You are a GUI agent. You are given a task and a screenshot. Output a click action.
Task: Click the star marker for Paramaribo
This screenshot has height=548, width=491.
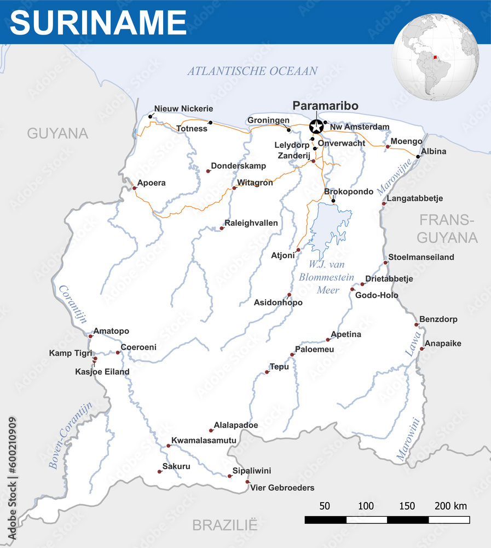point(316,127)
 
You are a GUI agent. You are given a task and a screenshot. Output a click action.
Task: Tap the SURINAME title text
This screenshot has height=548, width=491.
point(99,22)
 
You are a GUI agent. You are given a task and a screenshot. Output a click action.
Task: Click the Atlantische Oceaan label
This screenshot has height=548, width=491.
point(252,71)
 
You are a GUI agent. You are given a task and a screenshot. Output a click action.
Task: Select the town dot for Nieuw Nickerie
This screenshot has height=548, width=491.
point(151,117)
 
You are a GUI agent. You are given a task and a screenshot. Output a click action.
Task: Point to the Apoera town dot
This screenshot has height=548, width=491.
point(134,188)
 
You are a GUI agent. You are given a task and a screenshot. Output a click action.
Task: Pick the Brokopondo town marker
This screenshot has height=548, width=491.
point(333,201)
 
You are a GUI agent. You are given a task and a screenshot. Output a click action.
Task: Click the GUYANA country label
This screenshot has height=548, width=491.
point(57,133)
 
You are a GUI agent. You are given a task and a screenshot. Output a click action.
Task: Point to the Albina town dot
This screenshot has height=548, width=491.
point(418,157)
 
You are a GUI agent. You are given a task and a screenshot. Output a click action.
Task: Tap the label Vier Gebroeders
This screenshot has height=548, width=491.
point(282,488)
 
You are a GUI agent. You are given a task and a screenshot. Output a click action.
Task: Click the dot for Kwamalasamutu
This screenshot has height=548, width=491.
point(168,446)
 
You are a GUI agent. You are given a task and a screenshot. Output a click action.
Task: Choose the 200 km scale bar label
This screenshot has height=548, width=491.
point(450,506)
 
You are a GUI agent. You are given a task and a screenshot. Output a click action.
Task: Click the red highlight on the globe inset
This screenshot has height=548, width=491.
point(436,56)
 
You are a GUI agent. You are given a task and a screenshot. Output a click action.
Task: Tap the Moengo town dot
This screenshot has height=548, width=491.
point(388,147)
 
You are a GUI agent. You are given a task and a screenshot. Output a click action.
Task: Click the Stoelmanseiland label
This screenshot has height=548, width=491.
point(421,257)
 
